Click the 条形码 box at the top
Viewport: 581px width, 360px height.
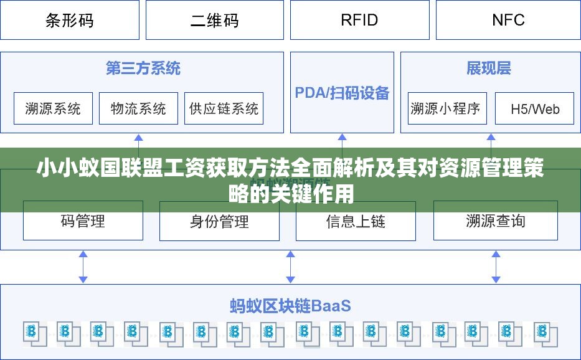click(70, 20)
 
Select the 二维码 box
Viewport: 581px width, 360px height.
click(214, 20)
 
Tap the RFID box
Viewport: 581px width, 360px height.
click(359, 20)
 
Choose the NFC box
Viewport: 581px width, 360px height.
click(508, 20)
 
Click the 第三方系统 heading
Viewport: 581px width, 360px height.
click(143, 69)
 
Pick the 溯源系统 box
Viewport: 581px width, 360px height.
click(53, 108)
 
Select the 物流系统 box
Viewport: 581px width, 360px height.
click(138, 108)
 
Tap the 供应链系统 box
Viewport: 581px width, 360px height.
click(224, 108)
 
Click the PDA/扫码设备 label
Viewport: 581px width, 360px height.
click(342, 93)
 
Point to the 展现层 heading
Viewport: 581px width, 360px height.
click(489, 69)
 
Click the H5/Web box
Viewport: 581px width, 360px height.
click(534, 109)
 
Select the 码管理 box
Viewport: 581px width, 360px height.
click(83, 220)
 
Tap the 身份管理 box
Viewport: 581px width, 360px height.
click(219, 221)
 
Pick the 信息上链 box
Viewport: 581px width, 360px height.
click(356, 221)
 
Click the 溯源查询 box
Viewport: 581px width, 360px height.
click(495, 220)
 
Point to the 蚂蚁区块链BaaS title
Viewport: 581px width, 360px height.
click(290, 306)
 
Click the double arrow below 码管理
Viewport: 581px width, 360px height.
click(83, 267)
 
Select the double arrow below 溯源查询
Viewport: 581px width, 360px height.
click(496, 267)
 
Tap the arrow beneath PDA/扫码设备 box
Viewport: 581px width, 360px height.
click(341, 141)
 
